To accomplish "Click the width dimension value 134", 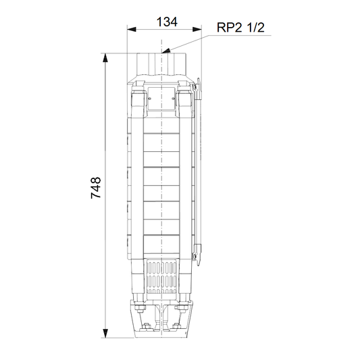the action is [167, 22].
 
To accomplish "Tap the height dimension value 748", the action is [96, 188].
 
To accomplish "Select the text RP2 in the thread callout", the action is [230, 28].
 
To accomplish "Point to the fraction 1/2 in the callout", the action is [256, 28].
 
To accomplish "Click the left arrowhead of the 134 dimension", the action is [132, 30].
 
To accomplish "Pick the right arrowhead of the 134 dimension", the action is [197, 30].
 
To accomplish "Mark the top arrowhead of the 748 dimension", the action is [105, 58].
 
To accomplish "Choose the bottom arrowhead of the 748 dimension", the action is [105, 334].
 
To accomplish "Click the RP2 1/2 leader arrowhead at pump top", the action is [166, 51].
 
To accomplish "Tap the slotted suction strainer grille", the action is [162, 277].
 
